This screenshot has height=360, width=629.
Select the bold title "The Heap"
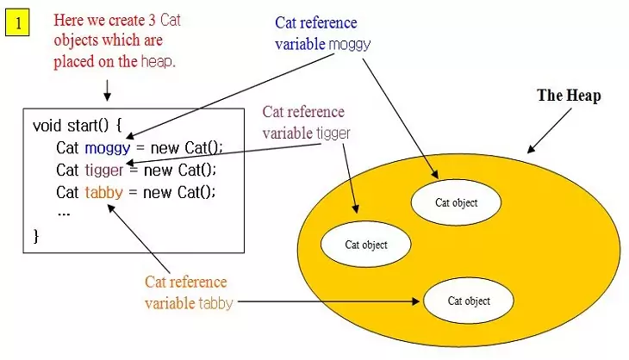coord(569,96)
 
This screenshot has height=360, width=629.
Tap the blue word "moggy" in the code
coord(107,147)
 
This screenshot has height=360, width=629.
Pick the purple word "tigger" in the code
coord(104,169)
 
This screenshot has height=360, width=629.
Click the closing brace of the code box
coord(36,234)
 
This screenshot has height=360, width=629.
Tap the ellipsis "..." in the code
coord(63,212)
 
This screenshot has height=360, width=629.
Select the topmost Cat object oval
coord(455,202)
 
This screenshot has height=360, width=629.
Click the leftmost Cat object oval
coord(366,245)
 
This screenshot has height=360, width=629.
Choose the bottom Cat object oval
coord(469,301)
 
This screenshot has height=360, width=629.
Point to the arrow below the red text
coord(107,89)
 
